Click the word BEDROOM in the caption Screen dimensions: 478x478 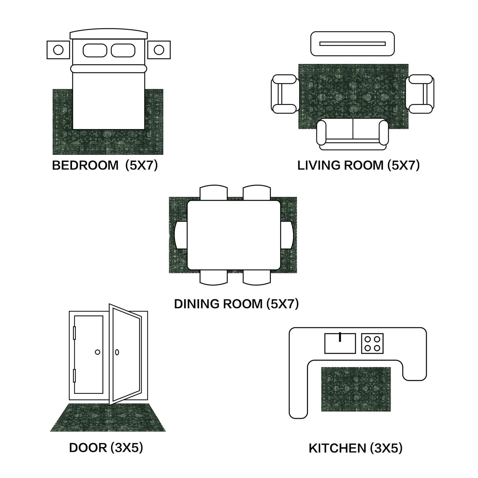click(x=85, y=165)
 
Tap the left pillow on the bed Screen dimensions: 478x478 click(x=95, y=50)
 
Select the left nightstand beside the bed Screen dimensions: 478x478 click(x=58, y=50)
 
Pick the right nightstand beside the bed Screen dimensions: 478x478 click(x=159, y=50)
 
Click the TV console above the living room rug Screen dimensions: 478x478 click(x=352, y=44)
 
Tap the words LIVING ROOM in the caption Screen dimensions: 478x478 click(x=340, y=165)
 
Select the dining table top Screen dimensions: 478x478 click(x=234, y=235)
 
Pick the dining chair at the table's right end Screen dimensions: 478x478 click(x=287, y=235)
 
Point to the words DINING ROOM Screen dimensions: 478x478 click(x=218, y=304)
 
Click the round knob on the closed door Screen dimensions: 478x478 click(x=98, y=352)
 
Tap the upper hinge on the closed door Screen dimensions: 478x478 click(x=75, y=333)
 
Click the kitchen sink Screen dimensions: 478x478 click(x=340, y=344)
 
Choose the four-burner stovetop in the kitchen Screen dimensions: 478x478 click(x=372, y=344)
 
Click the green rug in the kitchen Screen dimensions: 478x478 click(x=356, y=389)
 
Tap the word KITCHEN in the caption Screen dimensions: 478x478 click(x=337, y=448)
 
